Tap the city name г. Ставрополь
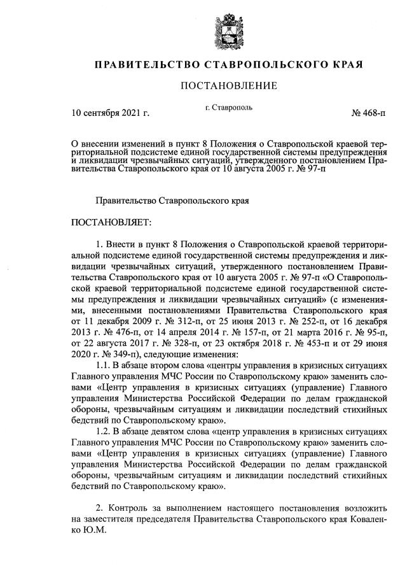click(229, 107)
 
